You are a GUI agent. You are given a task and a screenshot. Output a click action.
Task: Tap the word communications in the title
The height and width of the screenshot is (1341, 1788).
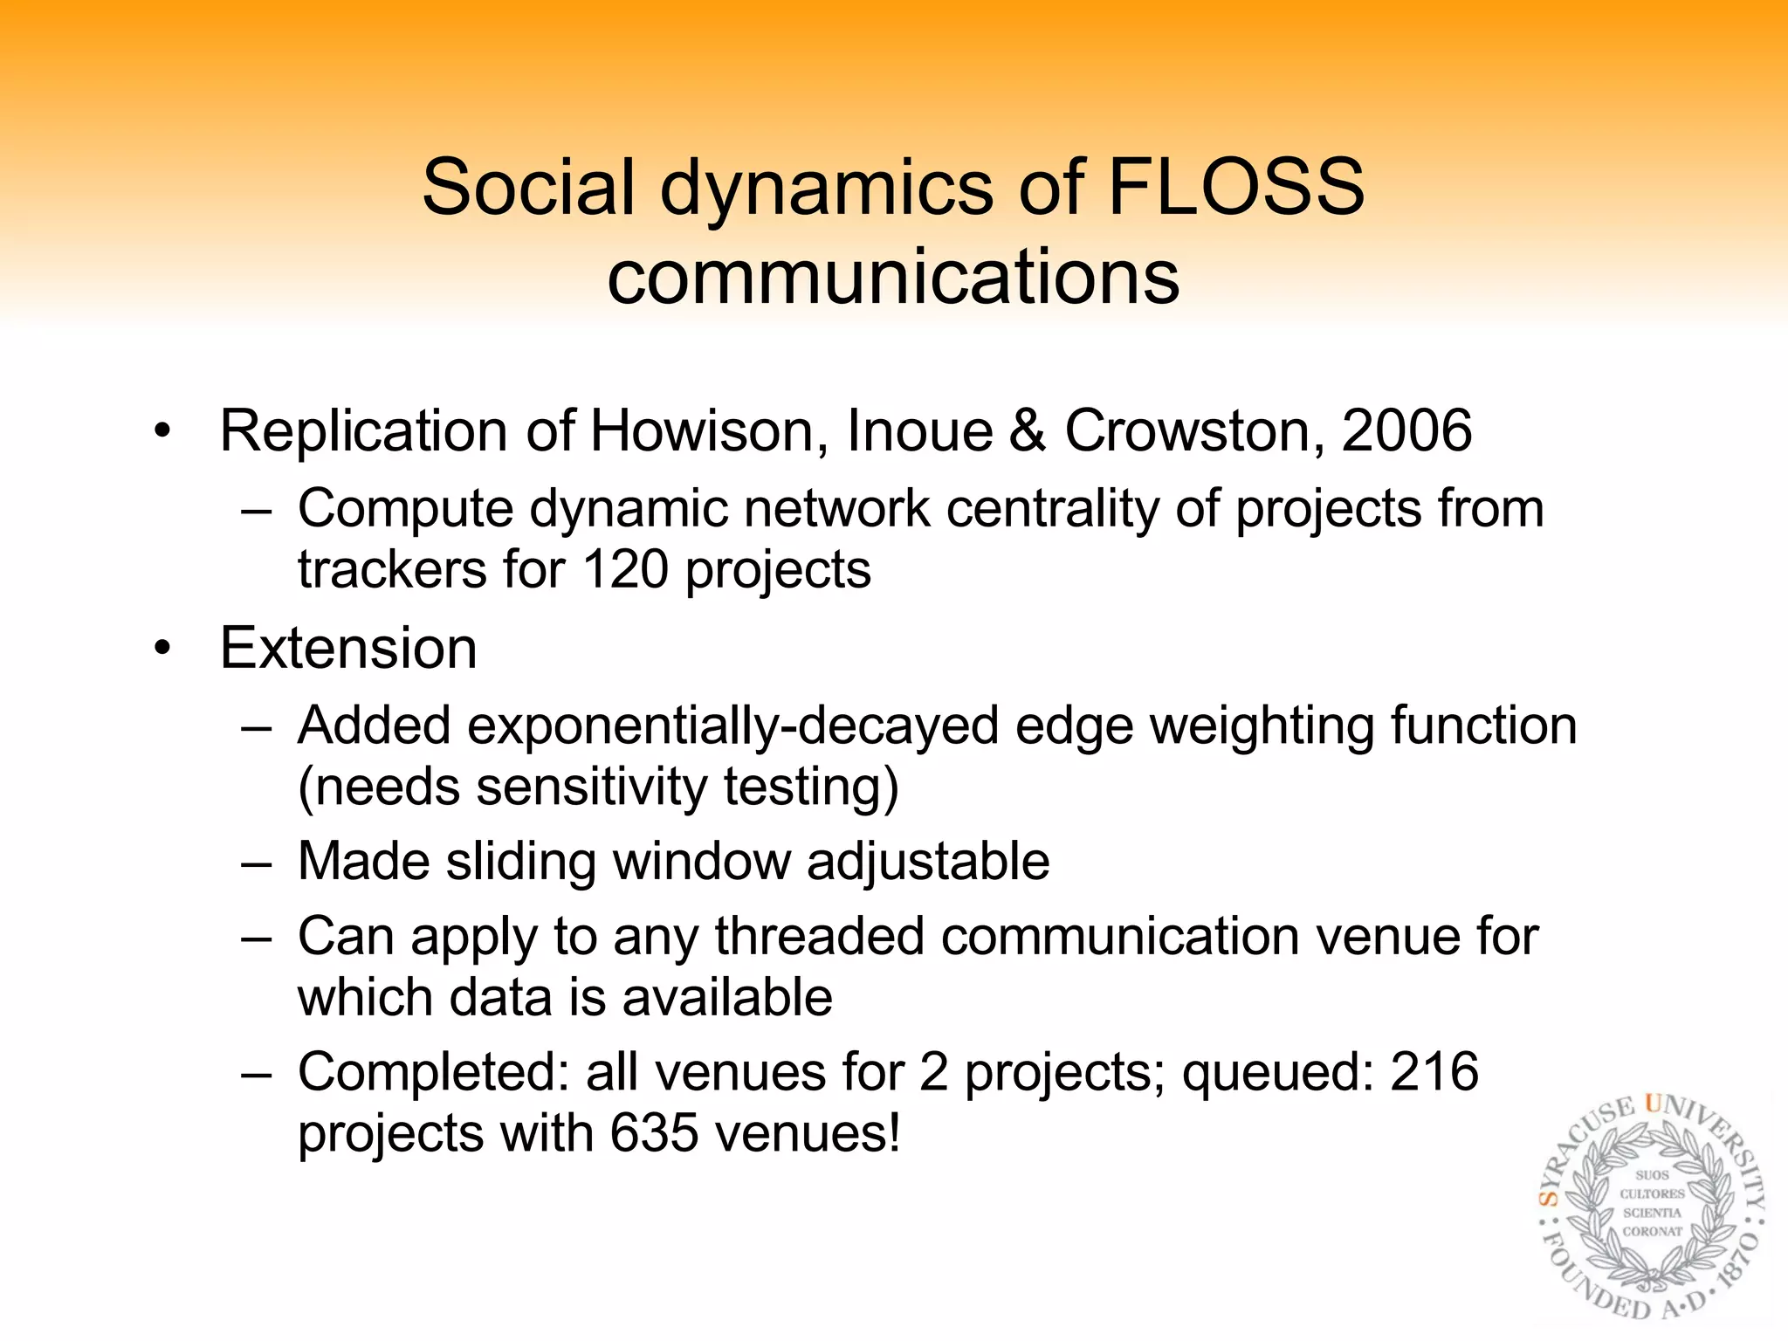click(x=893, y=277)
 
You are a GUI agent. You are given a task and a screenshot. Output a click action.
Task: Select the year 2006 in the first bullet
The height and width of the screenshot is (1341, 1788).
click(x=1406, y=431)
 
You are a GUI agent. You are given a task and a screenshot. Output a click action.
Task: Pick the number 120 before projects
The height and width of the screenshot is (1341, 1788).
click(x=625, y=569)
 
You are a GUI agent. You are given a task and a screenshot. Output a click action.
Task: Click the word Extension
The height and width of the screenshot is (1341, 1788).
click(x=348, y=649)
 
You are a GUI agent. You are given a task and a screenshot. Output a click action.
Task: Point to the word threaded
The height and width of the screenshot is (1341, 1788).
click(x=820, y=937)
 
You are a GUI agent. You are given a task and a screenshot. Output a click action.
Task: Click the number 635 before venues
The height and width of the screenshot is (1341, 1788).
click(x=654, y=1133)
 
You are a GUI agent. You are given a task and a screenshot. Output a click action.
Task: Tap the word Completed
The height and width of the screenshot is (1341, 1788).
click(x=434, y=1072)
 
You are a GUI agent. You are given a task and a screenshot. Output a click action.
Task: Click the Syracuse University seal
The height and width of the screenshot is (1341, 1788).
click(x=1651, y=1207)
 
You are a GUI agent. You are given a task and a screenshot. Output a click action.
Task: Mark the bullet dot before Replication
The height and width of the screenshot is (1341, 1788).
click(x=162, y=432)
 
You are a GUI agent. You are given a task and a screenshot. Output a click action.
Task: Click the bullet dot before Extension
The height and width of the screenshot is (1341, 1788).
click(x=162, y=650)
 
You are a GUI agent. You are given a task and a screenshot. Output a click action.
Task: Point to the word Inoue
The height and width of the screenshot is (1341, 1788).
click(x=919, y=431)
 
